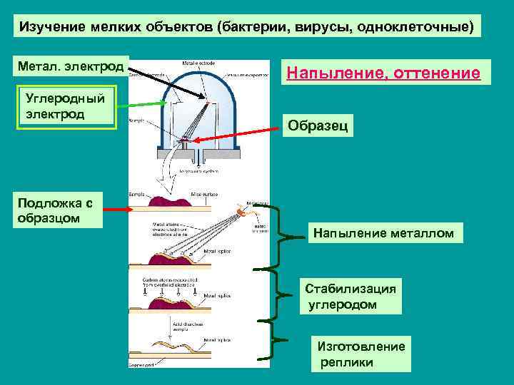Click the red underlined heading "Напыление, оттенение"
[383, 73]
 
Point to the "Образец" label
[318, 126]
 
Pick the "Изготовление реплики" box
[361, 353]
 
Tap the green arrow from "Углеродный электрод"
[143, 106]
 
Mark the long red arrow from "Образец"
[236, 133]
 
